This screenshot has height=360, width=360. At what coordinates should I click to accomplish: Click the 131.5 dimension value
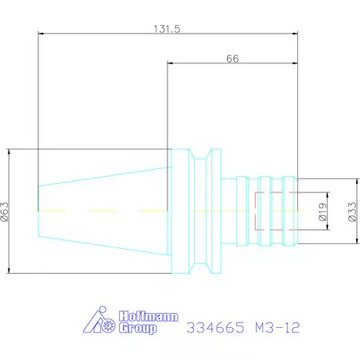pos(167,29)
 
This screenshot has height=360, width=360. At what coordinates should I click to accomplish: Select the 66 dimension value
pos(232,59)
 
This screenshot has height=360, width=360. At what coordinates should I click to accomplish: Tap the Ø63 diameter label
pos(5,211)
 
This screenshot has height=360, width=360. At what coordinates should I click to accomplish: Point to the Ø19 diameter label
pos(322,211)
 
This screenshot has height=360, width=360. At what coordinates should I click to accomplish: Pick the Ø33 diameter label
pos(352,211)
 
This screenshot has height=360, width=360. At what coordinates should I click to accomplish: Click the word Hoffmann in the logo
pos(149,316)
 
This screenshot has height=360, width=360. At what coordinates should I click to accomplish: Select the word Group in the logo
pos(138,328)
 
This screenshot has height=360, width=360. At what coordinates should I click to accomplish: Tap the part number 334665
pos(215,327)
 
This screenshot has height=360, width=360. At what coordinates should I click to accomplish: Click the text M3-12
pos(278,327)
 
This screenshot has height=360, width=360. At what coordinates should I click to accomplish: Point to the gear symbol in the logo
pos(108,326)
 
